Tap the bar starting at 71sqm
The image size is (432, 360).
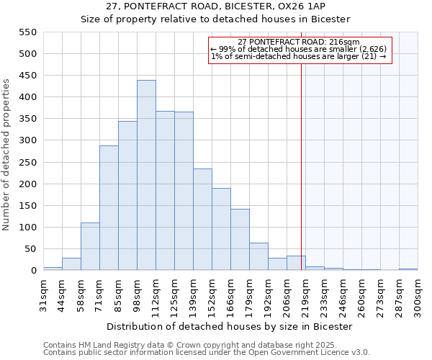coord(109,208)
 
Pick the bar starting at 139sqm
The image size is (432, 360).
coord(202,220)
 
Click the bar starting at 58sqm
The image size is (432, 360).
coord(90,246)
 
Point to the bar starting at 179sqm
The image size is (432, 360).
coord(258,256)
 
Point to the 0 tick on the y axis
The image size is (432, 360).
coord(33,271)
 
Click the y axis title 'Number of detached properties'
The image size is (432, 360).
coord(6,155)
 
